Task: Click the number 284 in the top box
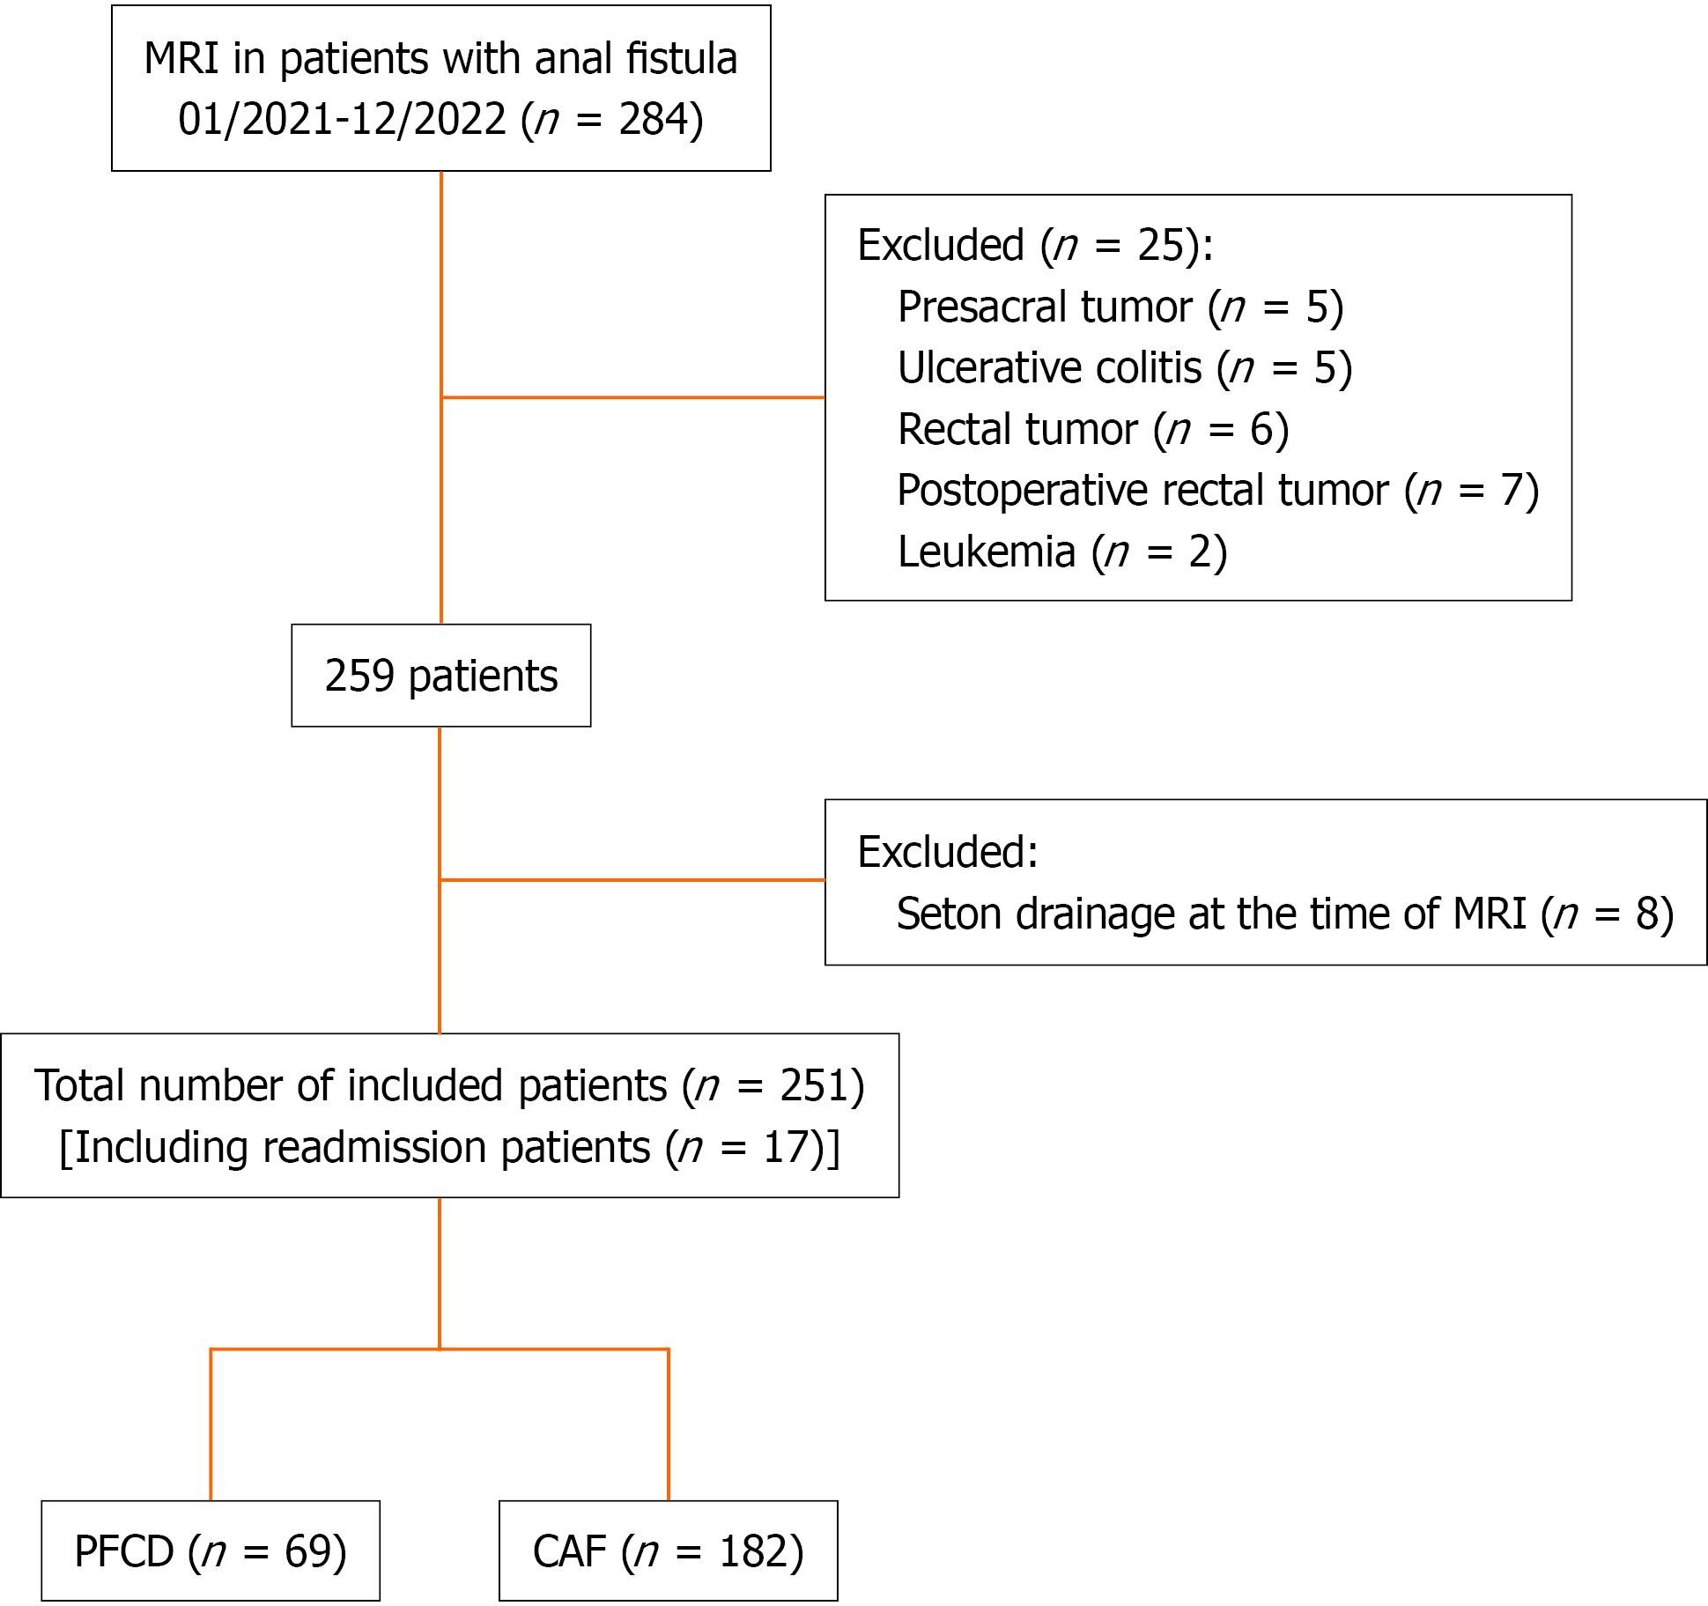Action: [652, 119]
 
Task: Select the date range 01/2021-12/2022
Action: [342, 119]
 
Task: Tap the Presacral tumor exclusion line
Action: [1120, 307]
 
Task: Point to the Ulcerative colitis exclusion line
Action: [1125, 368]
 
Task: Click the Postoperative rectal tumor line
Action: [1218, 491]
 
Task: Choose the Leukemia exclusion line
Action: [1062, 552]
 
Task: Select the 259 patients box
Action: [441, 676]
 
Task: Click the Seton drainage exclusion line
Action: [1285, 914]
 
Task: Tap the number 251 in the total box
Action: [813, 1085]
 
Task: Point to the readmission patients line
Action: [449, 1148]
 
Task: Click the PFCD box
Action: [211, 1550]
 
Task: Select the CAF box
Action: [669, 1550]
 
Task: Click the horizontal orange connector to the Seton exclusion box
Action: [632, 879]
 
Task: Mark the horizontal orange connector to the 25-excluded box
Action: [633, 397]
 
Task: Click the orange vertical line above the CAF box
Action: [669, 1425]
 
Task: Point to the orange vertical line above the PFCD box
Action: [211, 1425]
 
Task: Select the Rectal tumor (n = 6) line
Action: [1093, 430]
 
